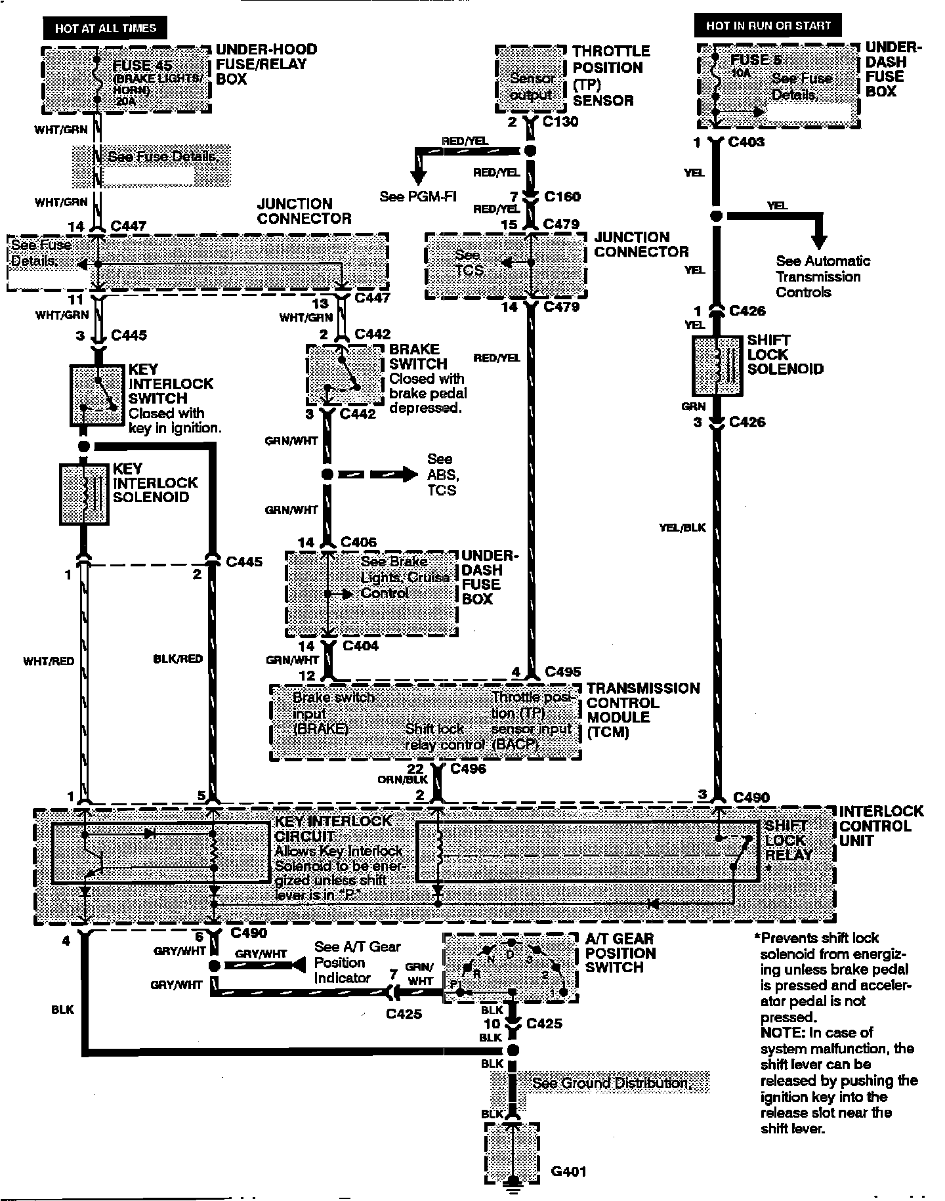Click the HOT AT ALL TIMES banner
click(105, 28)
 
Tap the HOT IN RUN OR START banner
click(768, 26)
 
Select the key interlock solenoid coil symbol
click(84, 495)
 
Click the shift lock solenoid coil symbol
click(717, 367)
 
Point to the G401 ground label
click(568, 1171)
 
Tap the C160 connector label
click(562, 196)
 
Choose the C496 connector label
click(468, 769)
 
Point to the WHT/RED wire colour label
click(49, 661)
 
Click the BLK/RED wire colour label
click(178, 659)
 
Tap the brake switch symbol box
click(345, 375)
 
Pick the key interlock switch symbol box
click(97, 394)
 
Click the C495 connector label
click(562, 671)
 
